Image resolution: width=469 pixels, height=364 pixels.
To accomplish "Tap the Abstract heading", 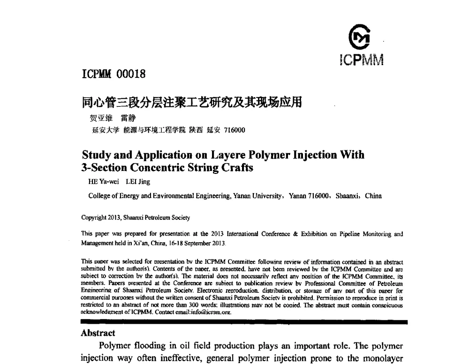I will click(98, 334).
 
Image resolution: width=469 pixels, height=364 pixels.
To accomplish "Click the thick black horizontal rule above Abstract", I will click(244, 322).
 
